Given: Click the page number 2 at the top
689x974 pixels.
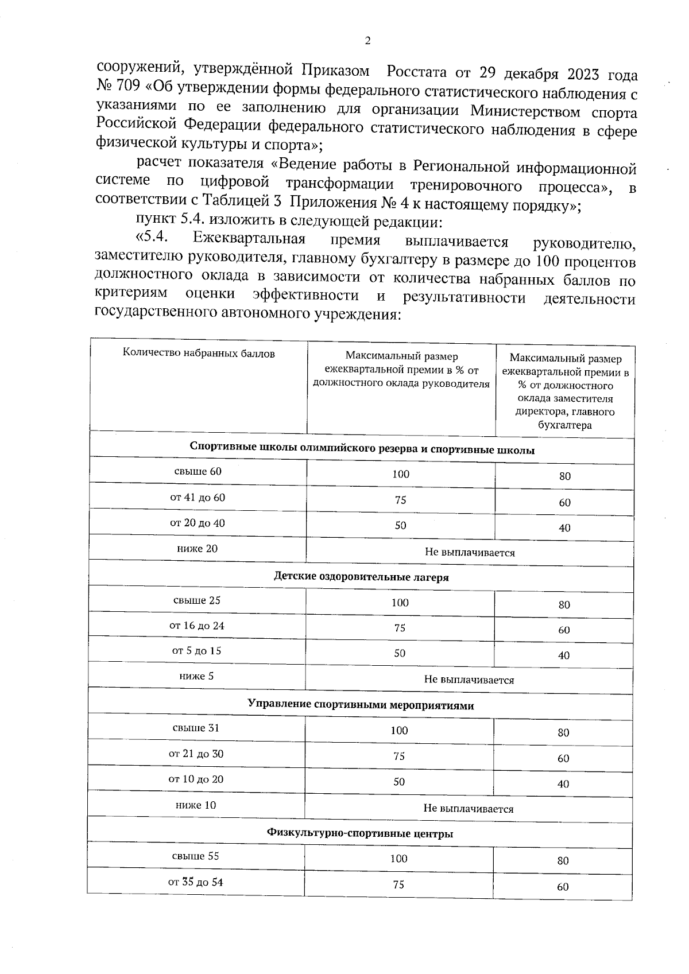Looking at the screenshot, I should (x=367, y=41).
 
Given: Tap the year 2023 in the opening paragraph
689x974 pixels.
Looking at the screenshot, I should (x=588, y=75).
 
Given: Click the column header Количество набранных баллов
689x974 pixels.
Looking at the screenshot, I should (x=199, y=354).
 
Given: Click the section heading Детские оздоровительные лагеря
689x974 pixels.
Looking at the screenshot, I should (x=361, y=577).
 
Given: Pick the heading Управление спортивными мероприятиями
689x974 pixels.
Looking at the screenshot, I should (x=361, y=705).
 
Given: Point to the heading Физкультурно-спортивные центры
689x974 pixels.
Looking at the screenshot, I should (x=360, y=833).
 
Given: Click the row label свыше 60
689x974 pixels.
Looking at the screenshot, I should (x=198, y=471).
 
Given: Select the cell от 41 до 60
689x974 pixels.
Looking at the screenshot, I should (x=198, y=497).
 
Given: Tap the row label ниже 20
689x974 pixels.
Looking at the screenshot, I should (x=198, y=548).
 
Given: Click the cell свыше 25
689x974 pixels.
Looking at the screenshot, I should (x=197, y=600).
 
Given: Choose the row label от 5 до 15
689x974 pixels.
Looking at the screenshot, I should (x=197, y=651).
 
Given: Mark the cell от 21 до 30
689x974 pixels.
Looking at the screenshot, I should (x=196, y=754).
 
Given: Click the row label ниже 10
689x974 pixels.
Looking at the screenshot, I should (x=196, y=805).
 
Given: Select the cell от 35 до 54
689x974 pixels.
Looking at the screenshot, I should (x=196, y=882).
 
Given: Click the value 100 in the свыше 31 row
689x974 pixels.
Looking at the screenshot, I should (x=399, y=731).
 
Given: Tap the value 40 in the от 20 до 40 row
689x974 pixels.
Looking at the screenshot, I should (x=564, y=528).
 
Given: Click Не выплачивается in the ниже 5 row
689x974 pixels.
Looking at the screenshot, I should (x=469, y=680).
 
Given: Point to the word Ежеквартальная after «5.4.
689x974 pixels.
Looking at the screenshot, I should (x=249, y=238).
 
